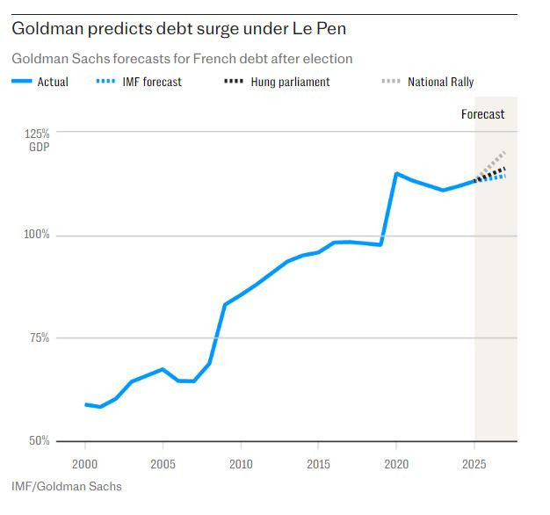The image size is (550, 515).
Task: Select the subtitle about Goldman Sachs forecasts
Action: tap(182, 59)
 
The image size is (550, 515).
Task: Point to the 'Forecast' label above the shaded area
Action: tap(483, 114)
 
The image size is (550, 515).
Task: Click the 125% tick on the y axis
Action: tap(37, 134)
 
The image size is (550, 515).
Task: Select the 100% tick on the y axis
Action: tap(36, 236)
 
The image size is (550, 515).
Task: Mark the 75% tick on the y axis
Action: tap(39, 338)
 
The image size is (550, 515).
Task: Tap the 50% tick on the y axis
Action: tap(39, 440)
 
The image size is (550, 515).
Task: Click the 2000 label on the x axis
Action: tap(85, 463)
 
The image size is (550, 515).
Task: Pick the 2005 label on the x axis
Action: tap(163, 463)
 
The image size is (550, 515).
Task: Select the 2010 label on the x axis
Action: tap(241, 463)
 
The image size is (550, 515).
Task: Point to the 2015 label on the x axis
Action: tap(318, 463)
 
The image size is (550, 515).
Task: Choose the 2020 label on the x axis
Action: tap(396, 463)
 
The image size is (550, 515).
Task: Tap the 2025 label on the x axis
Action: tap(474, 463)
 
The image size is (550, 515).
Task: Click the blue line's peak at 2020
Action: tap(396, 173)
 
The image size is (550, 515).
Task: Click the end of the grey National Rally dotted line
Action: tap(505, 152)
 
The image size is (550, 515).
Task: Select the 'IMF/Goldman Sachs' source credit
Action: tap(67, 486)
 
